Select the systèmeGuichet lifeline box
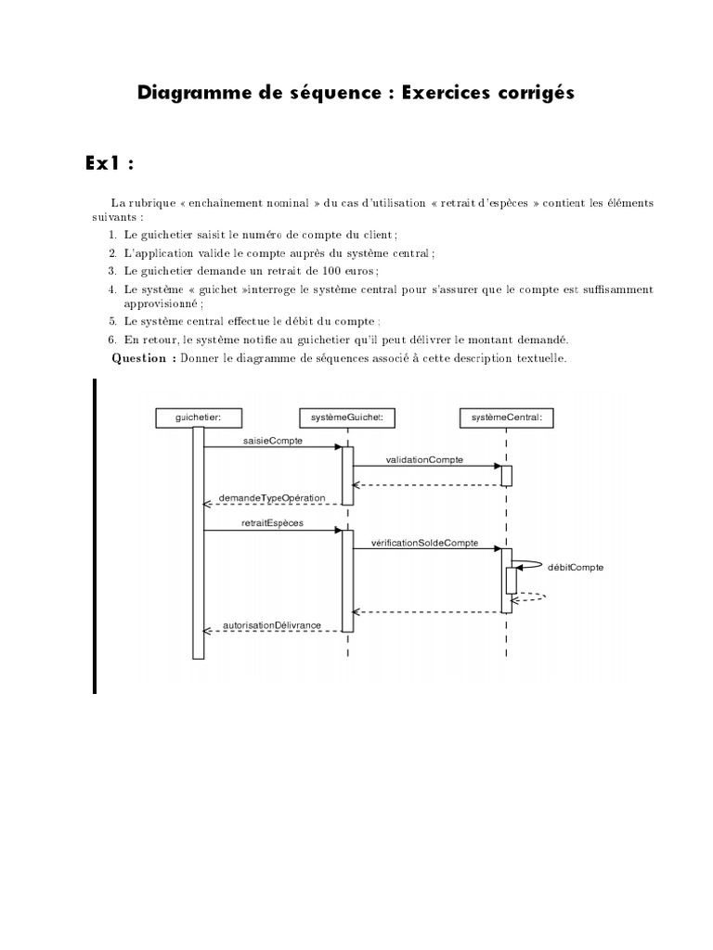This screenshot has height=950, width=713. click(348, 418)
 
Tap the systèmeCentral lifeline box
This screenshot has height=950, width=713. click(507, 418)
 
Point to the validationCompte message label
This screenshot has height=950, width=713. click(424, 459)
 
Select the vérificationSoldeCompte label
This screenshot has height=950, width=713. click(424, 543)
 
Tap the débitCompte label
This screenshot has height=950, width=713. click(577, 567)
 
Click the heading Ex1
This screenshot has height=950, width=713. click(110, 163)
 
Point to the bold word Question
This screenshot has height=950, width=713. click(139, 359)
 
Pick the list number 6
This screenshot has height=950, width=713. click(112, 340)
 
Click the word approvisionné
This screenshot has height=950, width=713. click(162, 303)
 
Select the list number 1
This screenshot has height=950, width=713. click(112, 235)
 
